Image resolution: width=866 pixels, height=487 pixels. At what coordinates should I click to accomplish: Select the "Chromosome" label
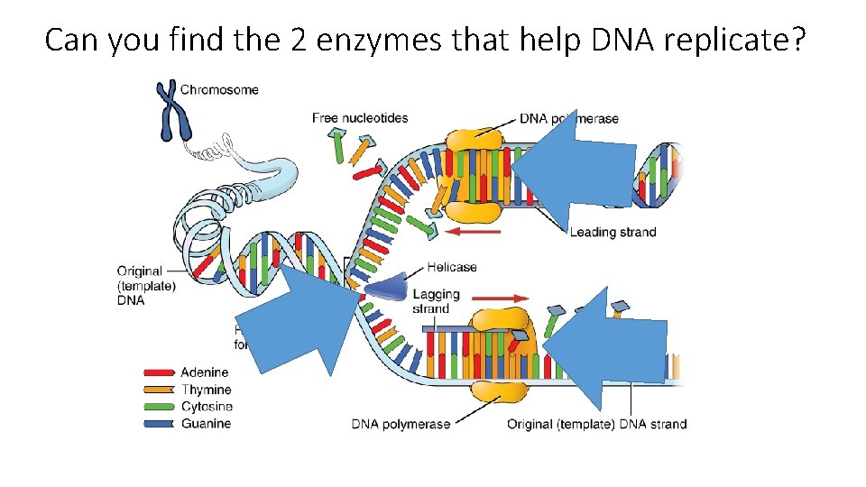(x=219, y=89)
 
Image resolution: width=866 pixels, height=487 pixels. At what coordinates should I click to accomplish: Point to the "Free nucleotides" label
(x=360, y=118)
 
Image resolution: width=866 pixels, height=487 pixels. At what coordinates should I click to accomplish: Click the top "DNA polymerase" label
(x=569, y=118)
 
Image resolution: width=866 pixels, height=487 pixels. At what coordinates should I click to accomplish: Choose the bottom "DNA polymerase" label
(x=401, y=424)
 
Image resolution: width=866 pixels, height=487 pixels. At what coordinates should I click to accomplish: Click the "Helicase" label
(x=452, y=267)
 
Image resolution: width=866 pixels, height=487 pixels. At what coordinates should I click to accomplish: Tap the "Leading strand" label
(x=613, y=233)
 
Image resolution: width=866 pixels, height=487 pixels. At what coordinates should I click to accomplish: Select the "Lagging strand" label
(x=437, y=301)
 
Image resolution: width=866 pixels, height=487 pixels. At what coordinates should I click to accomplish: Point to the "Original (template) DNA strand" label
(x=596, y=424)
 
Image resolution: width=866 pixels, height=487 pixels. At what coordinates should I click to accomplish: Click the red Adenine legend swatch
(x=160, y=372)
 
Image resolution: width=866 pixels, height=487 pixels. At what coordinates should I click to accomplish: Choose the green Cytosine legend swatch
(x=160, y=407)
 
